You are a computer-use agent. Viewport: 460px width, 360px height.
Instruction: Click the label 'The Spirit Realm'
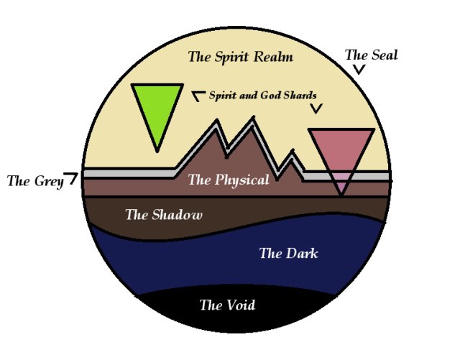pyautogui.click(x=240, y=57)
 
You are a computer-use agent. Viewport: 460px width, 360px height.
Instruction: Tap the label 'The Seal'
pyautogui.click(x=371, y=55)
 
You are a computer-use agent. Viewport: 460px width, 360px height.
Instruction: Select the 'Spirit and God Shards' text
pyautogui.click(x=262, y=95)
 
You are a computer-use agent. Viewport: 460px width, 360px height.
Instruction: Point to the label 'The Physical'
pyautogui.click(x=229, y=180)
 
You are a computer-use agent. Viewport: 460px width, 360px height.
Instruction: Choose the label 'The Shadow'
pyautogui.click(x=164, y=214)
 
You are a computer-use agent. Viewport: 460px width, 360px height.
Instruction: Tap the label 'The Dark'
pyautogui.click(x=288, y=253)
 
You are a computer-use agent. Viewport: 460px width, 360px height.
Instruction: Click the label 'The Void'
pyautogui.click(x=227, y=305)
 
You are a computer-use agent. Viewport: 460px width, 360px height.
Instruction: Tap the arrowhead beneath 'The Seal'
pyautogui.click(x=359, y=70)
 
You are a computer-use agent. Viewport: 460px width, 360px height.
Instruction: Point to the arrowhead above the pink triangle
pyautogui.click(x=316, y=109)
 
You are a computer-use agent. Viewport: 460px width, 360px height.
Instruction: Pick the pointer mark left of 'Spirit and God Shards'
pyautogui.click(x=198, y=94)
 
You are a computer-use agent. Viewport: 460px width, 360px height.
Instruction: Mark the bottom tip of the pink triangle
pyautogui.click(x=342, y=194)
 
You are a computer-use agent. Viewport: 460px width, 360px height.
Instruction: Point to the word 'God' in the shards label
pyautogui.click(x=270, y=95)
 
